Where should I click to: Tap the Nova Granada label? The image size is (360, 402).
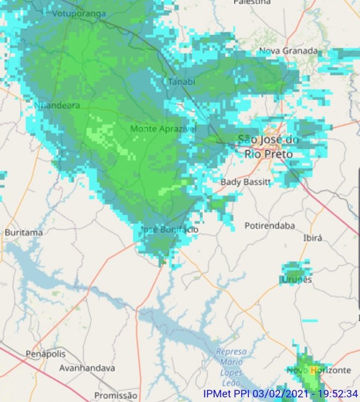(x=288, y=51)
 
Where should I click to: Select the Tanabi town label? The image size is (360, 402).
(x=181, y=81)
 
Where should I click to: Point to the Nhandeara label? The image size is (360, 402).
(x=57, y=106)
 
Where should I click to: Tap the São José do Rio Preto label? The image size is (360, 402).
(x=268, y=147)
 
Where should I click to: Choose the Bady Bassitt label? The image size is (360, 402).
(x=246, y=182)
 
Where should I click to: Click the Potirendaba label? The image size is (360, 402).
(x=270, y=226)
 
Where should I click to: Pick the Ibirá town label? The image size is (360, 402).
(x=313, y=237)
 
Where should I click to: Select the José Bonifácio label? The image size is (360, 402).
(x=169, y=229)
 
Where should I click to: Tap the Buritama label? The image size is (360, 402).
(x=24, y=233)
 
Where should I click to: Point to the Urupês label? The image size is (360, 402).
(x=297, y=280)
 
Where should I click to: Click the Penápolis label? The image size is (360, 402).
(x=46, y=354)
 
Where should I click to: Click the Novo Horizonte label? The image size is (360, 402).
(x=319, y=370)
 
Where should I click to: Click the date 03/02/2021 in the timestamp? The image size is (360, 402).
(x=279, y=393)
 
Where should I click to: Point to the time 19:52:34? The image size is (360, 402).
(x=338, y=393)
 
